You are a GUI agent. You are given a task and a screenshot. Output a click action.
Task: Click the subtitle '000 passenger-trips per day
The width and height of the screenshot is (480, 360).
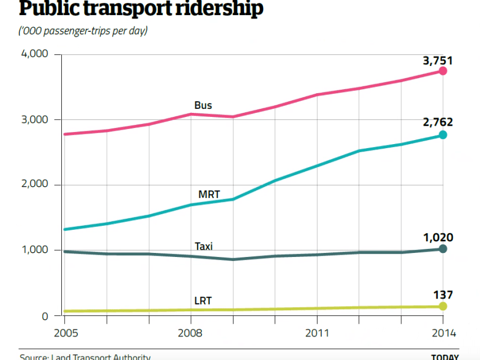tap(83, 30)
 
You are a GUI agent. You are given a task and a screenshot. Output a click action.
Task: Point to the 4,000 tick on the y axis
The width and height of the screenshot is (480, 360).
tap(35, 54)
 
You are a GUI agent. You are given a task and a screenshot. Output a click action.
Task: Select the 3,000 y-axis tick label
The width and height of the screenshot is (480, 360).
tap(35, 120)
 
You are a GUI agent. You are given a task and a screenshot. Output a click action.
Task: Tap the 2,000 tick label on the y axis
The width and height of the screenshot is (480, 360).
tap(35, 185)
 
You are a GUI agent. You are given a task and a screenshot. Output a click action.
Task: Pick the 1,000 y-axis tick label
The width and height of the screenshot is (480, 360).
tap(35, 251)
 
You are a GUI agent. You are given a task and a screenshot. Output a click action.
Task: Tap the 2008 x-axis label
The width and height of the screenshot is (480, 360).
tap(190, 333)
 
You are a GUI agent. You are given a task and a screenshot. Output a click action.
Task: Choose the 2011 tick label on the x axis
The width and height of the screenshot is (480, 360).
tap(317, 333)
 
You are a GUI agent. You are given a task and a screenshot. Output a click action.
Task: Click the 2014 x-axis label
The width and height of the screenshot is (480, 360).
tap(444, 333)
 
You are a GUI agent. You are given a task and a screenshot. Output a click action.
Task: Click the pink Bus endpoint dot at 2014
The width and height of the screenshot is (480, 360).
tap(443, 71)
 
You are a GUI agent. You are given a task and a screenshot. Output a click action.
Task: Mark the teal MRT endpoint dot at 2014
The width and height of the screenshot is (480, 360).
tap(443, 135)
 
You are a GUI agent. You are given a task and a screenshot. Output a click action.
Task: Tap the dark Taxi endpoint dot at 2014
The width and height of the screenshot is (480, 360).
tap(443, 249)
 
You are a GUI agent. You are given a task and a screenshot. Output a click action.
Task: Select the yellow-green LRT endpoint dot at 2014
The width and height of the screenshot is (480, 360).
tap(443, 306)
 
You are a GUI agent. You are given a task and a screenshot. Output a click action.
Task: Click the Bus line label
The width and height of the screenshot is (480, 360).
tap(203, 105)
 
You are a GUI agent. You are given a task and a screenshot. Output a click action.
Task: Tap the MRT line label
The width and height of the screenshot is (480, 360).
tap(209, 194)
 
